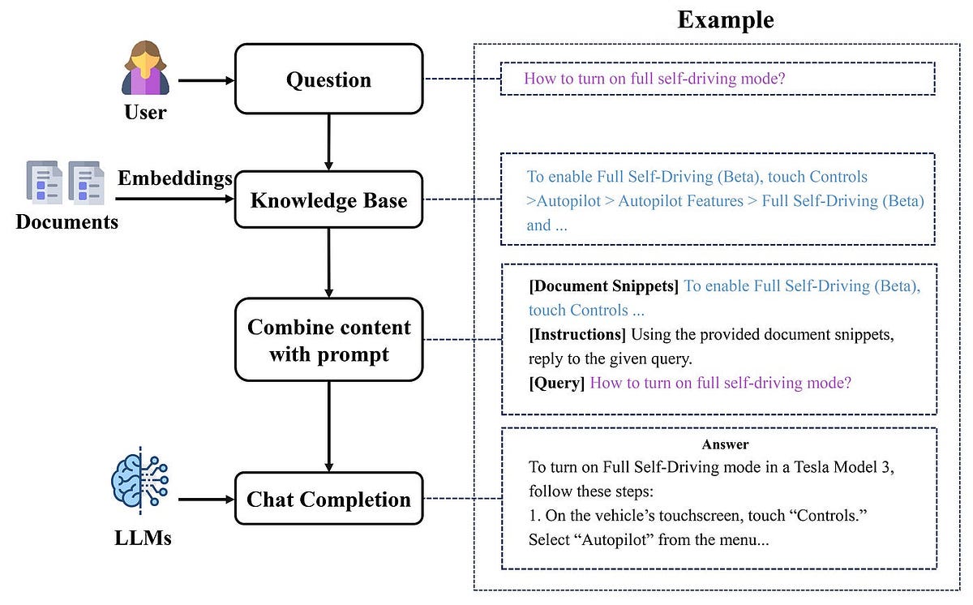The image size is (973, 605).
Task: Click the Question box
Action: (328, 79)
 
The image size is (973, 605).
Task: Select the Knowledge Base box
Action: (328, 200)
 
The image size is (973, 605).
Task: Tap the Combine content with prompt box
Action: (328, 340)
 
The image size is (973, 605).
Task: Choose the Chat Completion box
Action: (328, 499)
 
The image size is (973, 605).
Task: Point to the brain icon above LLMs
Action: (140, 483)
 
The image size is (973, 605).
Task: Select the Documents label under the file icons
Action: (66, 221)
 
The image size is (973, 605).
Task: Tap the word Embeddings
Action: (175, 178)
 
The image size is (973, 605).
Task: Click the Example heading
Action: (725, 19)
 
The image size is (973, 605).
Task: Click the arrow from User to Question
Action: (205, 79)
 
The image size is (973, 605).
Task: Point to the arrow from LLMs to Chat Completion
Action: (205, 500)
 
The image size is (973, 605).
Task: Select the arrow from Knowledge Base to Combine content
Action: (328, 263)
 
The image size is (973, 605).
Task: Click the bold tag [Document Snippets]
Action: (603, 285)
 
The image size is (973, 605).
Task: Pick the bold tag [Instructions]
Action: (577, 334)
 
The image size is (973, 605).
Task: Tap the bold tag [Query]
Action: (556, 383)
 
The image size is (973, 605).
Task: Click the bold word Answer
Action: (725, 444)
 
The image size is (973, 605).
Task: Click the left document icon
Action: (45, 182)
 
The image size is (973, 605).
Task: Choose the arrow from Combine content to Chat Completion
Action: (328, 426)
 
